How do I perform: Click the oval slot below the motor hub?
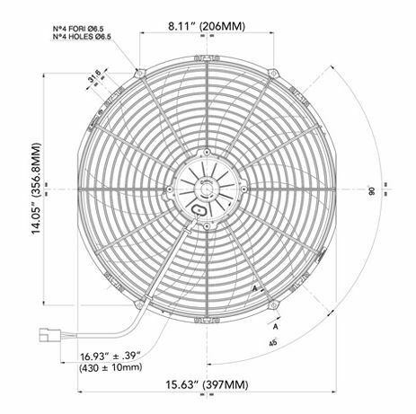tap(201, 207)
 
